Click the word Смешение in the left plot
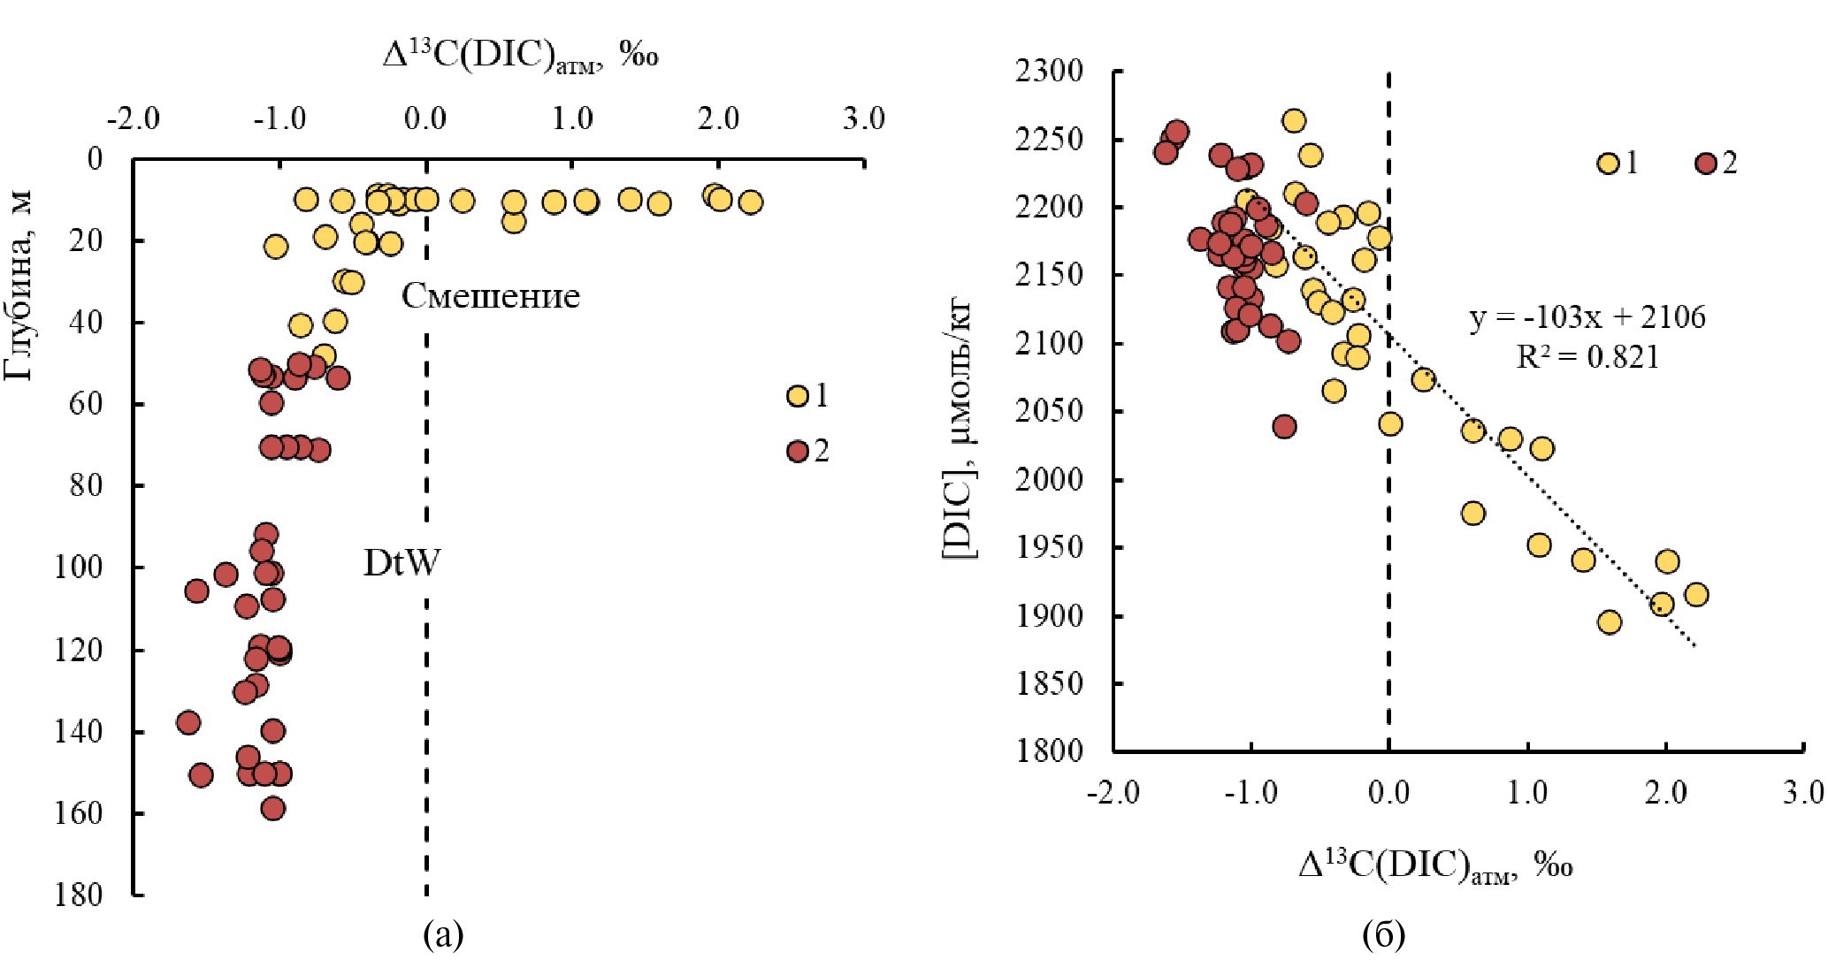tap(491, 295)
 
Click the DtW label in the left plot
tap(402, 563)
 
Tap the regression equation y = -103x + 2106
tap(1587, 316)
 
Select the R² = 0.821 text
tap(1587, 356)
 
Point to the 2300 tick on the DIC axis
tap(1049, 71)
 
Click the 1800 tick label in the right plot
tap(1049, 751)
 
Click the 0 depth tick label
tap(94, 159)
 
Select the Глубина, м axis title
tap(19, 285)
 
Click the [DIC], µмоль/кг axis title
tap(959, 430)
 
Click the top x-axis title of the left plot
tap(520, 56)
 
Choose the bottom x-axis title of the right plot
tap(1434, 865)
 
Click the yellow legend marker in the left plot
tap(798, 396)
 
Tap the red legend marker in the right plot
tap(1705, 164)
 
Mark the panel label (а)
tap(443, 934)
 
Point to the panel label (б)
tap(1384, 934)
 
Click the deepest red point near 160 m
tap(273, 808)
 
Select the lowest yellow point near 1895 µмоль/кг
tap(1610, 622)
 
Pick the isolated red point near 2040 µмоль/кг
tap(1285, 426)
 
